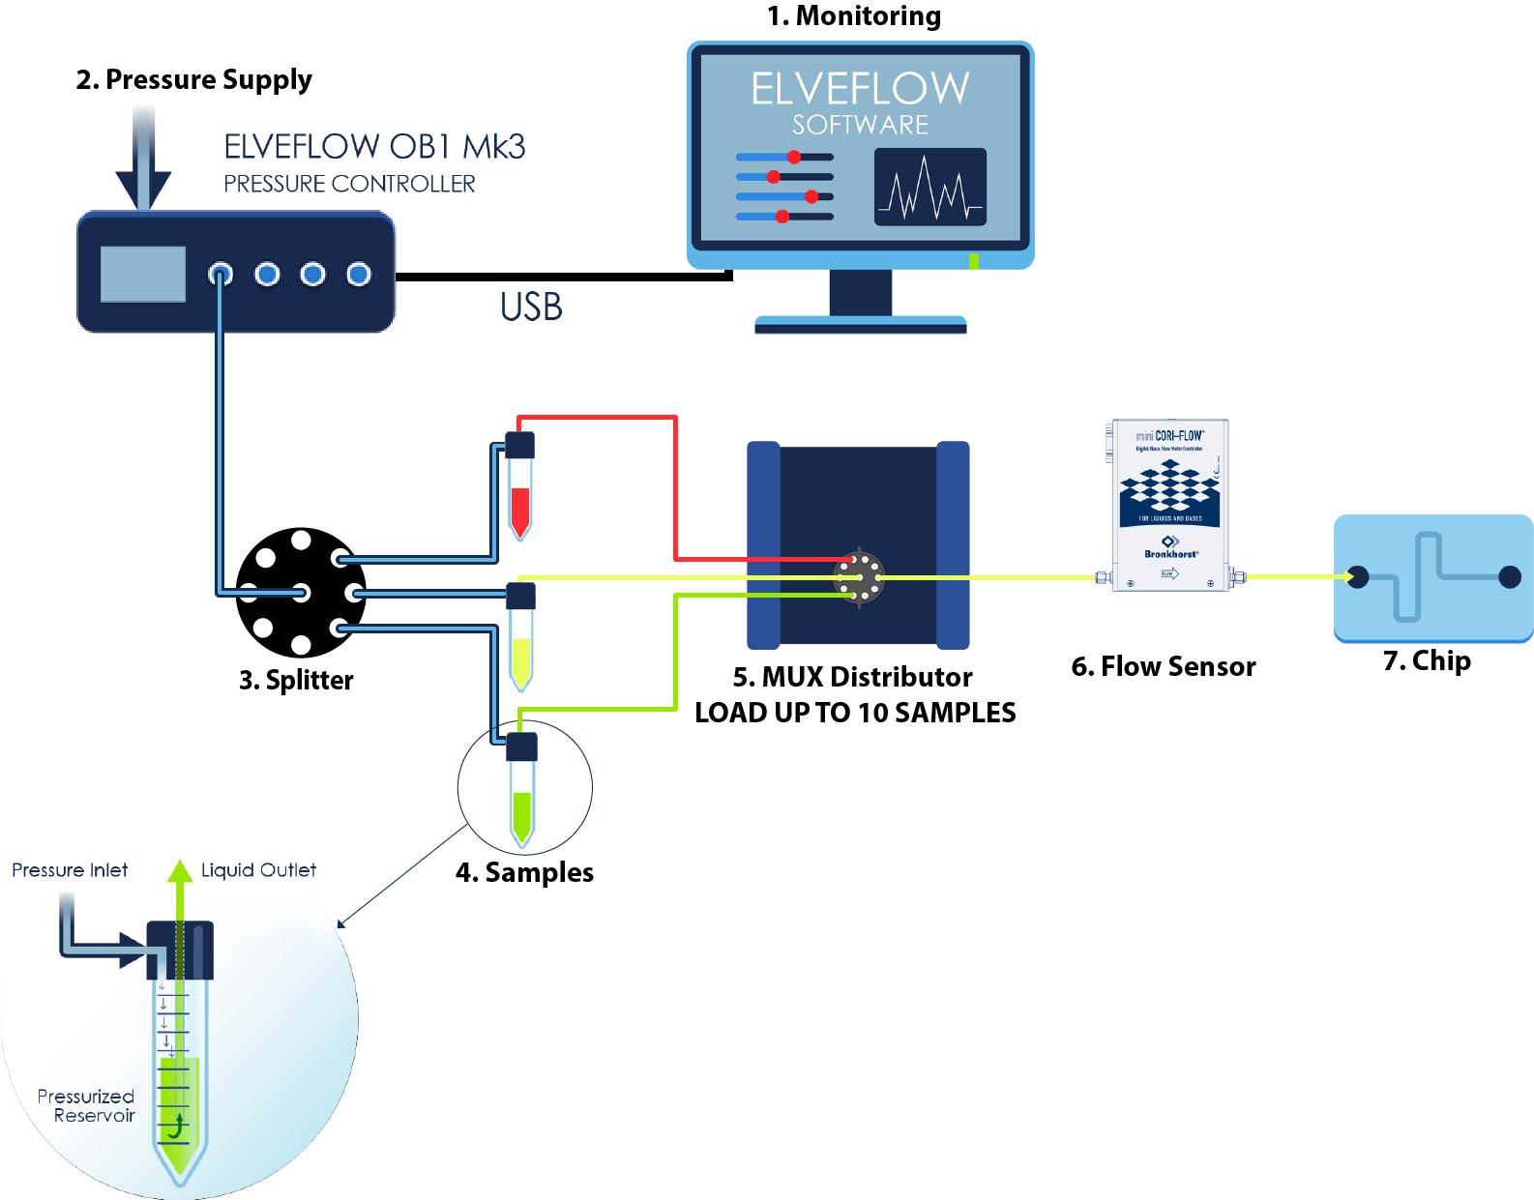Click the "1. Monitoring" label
(x=853, y=16)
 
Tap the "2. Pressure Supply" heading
(x=193, y=79)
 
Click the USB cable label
(x=531, y=307)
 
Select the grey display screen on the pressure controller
(x=143, y=274)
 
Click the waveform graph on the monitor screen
(x=929, y=187)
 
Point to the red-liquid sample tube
(x=520, y=488)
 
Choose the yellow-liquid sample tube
(x=521, y=640)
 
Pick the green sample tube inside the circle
(x=522, y=791)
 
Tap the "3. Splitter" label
(x=296, y=680)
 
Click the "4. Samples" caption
(x=524, y=872)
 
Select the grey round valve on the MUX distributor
(x=859, y=577)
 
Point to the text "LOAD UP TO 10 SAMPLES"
(x=855, y=713)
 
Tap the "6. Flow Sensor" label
(x=1163, y=666)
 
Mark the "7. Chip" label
(x=1427, y=660)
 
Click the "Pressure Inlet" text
(x=70, y=870)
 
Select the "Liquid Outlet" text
(x=258, y=870)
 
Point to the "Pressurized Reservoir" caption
(x=86, y=1105)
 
